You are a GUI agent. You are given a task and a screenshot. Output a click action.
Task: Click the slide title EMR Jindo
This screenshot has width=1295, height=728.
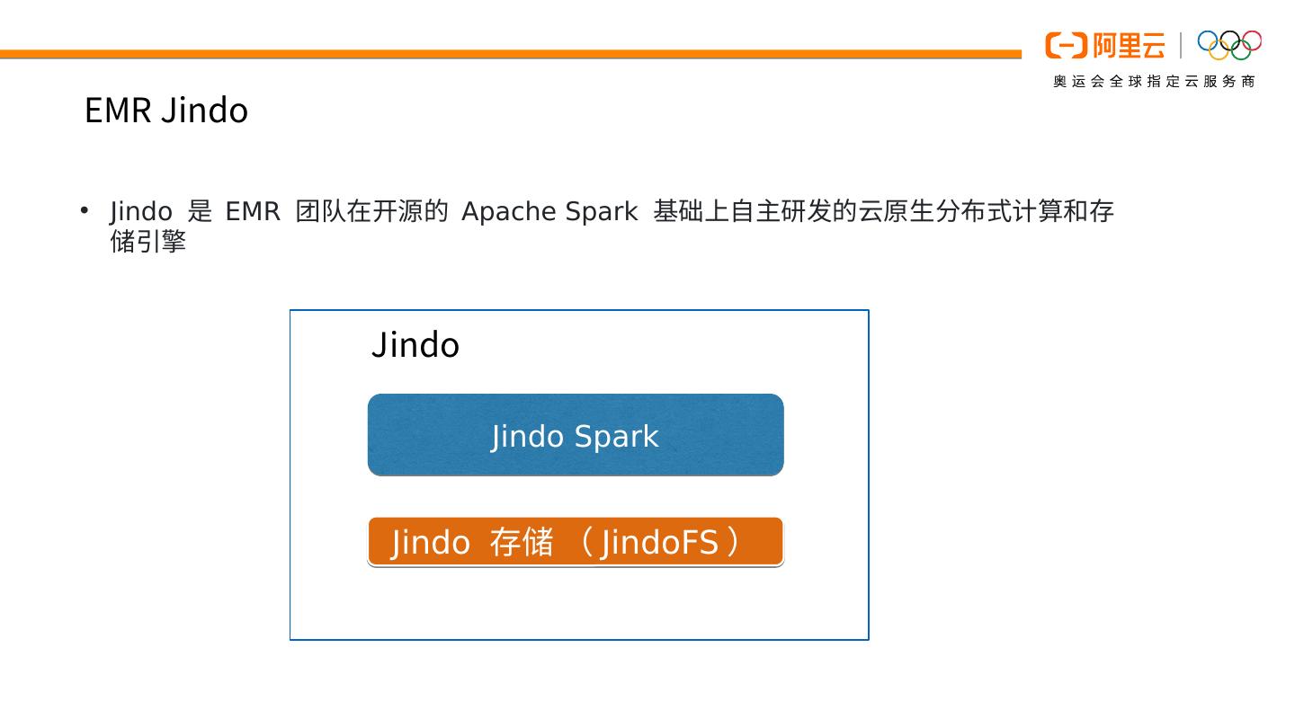[165, 111]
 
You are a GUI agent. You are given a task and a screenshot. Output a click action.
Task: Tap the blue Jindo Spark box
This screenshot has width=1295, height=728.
[576, 435]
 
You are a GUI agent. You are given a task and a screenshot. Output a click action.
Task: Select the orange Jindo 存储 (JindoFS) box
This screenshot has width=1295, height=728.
[576, 542]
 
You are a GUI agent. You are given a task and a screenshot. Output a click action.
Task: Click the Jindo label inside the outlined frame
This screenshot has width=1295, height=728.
[415, 345]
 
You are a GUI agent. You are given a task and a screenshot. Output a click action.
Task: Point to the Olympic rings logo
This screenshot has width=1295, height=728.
[1229, 44]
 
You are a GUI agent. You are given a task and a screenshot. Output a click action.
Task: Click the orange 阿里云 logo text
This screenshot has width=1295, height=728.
[1129, 45]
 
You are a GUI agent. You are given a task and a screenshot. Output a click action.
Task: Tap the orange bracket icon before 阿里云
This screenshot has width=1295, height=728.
[1067, 45]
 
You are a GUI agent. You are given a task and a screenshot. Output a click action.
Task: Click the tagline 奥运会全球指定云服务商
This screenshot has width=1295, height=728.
[1154, 82]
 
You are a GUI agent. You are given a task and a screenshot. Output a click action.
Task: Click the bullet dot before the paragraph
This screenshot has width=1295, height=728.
[85, 210]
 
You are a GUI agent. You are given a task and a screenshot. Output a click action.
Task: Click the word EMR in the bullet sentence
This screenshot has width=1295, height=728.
[253, 211]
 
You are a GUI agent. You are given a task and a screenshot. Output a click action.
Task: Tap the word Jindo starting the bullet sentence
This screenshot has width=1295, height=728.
[141, 211]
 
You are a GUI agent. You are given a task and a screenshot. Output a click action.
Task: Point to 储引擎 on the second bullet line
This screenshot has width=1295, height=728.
[147, 242]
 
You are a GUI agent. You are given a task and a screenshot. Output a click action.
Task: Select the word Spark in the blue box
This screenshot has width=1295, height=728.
[616, 437]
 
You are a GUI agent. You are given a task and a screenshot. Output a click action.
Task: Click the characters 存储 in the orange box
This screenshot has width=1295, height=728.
[522, 543]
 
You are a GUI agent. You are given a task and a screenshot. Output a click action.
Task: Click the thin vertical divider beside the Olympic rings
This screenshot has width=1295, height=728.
[1181, 45]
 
